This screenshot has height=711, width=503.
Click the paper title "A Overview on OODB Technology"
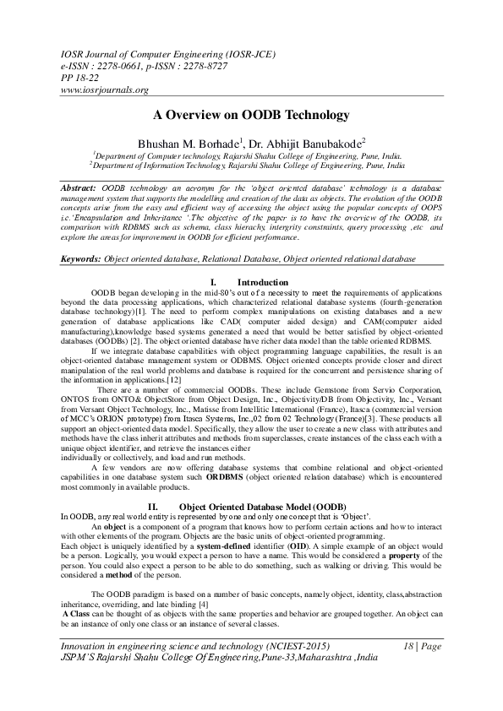[251, 114]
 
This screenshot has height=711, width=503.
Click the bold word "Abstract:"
[81, 185]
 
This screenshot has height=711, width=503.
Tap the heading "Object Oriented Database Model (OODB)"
[263, 506]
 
